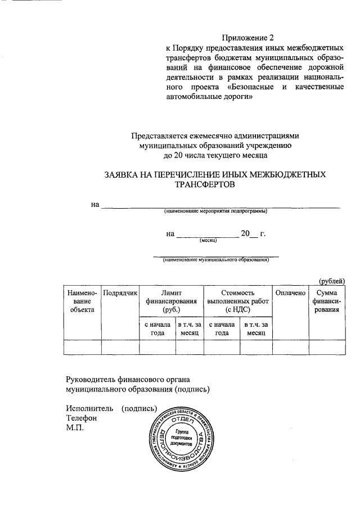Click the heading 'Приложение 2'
click(x=247, y=38)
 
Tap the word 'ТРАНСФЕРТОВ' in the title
click(x=204, y=184)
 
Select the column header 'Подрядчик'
click(x=120, y=293)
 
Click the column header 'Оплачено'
click(x=290, y=293)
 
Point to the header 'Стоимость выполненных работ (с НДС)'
click(x=238, y=301)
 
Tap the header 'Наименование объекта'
click(x=83, y=301)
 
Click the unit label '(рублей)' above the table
click(x=332, y=281)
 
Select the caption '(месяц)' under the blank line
click(x=209, y=240)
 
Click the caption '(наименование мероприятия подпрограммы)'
click(x=215, y=211)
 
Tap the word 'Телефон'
click(x=82, y=418)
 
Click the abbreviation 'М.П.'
click(x=75, y=428)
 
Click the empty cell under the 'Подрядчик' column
click(x=120, y=348)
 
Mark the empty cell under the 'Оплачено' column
click(x=290, y=348)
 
